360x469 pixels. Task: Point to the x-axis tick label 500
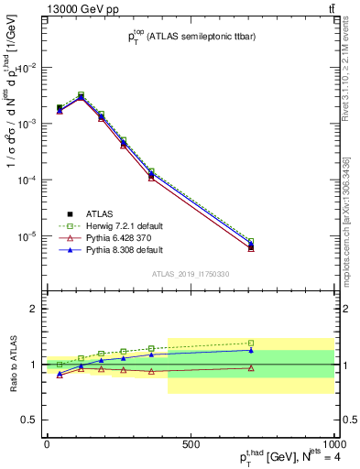pos(191,444)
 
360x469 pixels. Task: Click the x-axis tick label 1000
pos(333,444)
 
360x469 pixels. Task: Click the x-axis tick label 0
pos(47,444)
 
